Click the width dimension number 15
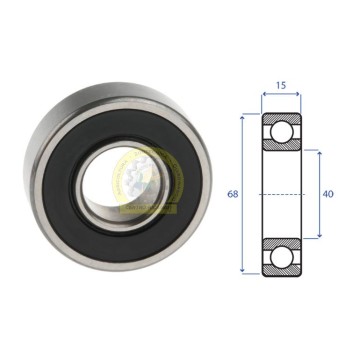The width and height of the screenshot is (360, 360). [281, 85]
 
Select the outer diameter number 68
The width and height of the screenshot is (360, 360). [233, 194]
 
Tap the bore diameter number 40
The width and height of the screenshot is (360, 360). [328, 194]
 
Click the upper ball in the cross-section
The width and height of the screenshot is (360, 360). [282, 131]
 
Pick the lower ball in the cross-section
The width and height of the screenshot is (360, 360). [282, 257]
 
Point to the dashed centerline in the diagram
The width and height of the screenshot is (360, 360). [282, 194]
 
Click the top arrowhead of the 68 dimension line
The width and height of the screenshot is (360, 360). [243, 117]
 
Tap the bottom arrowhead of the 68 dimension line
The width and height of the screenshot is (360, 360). [243, 269]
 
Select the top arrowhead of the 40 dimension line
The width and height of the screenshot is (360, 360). [320, 154]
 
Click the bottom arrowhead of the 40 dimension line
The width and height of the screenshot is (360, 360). [320, 235]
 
